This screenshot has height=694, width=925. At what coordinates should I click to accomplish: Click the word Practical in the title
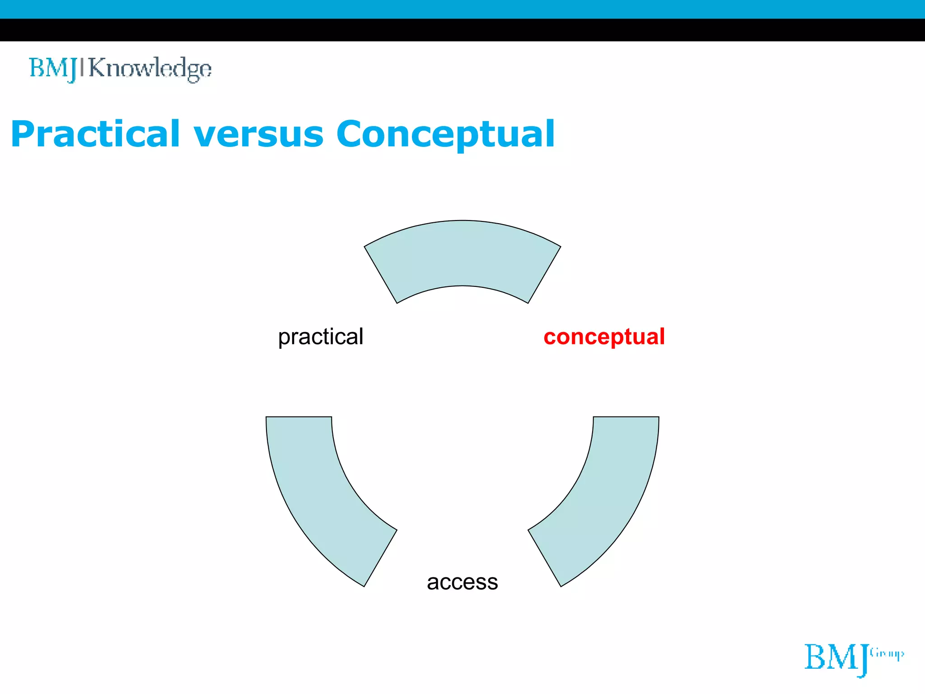[96, 134]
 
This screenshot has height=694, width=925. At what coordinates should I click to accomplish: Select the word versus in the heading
[258, 134]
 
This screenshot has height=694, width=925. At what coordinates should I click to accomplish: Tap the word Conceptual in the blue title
[445, 134]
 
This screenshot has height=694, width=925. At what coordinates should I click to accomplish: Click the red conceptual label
[604, 337]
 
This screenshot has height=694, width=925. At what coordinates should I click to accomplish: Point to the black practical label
[321, 337]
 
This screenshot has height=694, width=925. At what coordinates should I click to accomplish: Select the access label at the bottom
[462, 582]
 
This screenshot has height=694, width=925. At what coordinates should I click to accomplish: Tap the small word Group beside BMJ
[887, 653]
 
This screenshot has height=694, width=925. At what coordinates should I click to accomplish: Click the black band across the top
[462, 30]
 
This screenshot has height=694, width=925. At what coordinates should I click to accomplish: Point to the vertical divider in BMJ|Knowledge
[82, 67]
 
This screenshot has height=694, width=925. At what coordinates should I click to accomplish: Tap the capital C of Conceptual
[352, 134]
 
